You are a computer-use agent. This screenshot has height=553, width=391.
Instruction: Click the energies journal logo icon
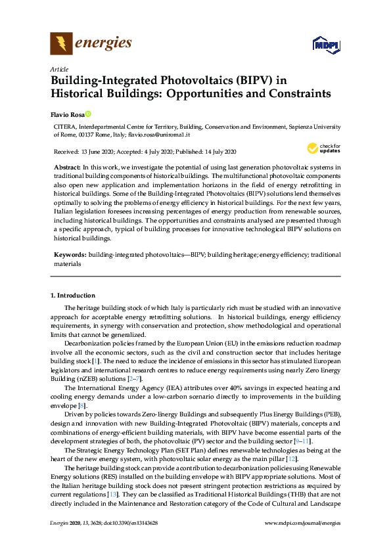(61, 44)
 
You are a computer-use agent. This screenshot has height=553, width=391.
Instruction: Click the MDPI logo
(321, 45)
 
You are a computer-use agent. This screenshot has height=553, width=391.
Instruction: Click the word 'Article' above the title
(58, 68)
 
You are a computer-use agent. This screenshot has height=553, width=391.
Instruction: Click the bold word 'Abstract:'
(67, 168)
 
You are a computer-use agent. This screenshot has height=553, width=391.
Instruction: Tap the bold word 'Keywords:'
(69, 254)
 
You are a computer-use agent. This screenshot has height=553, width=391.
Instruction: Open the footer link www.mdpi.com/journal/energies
(302, 540)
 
